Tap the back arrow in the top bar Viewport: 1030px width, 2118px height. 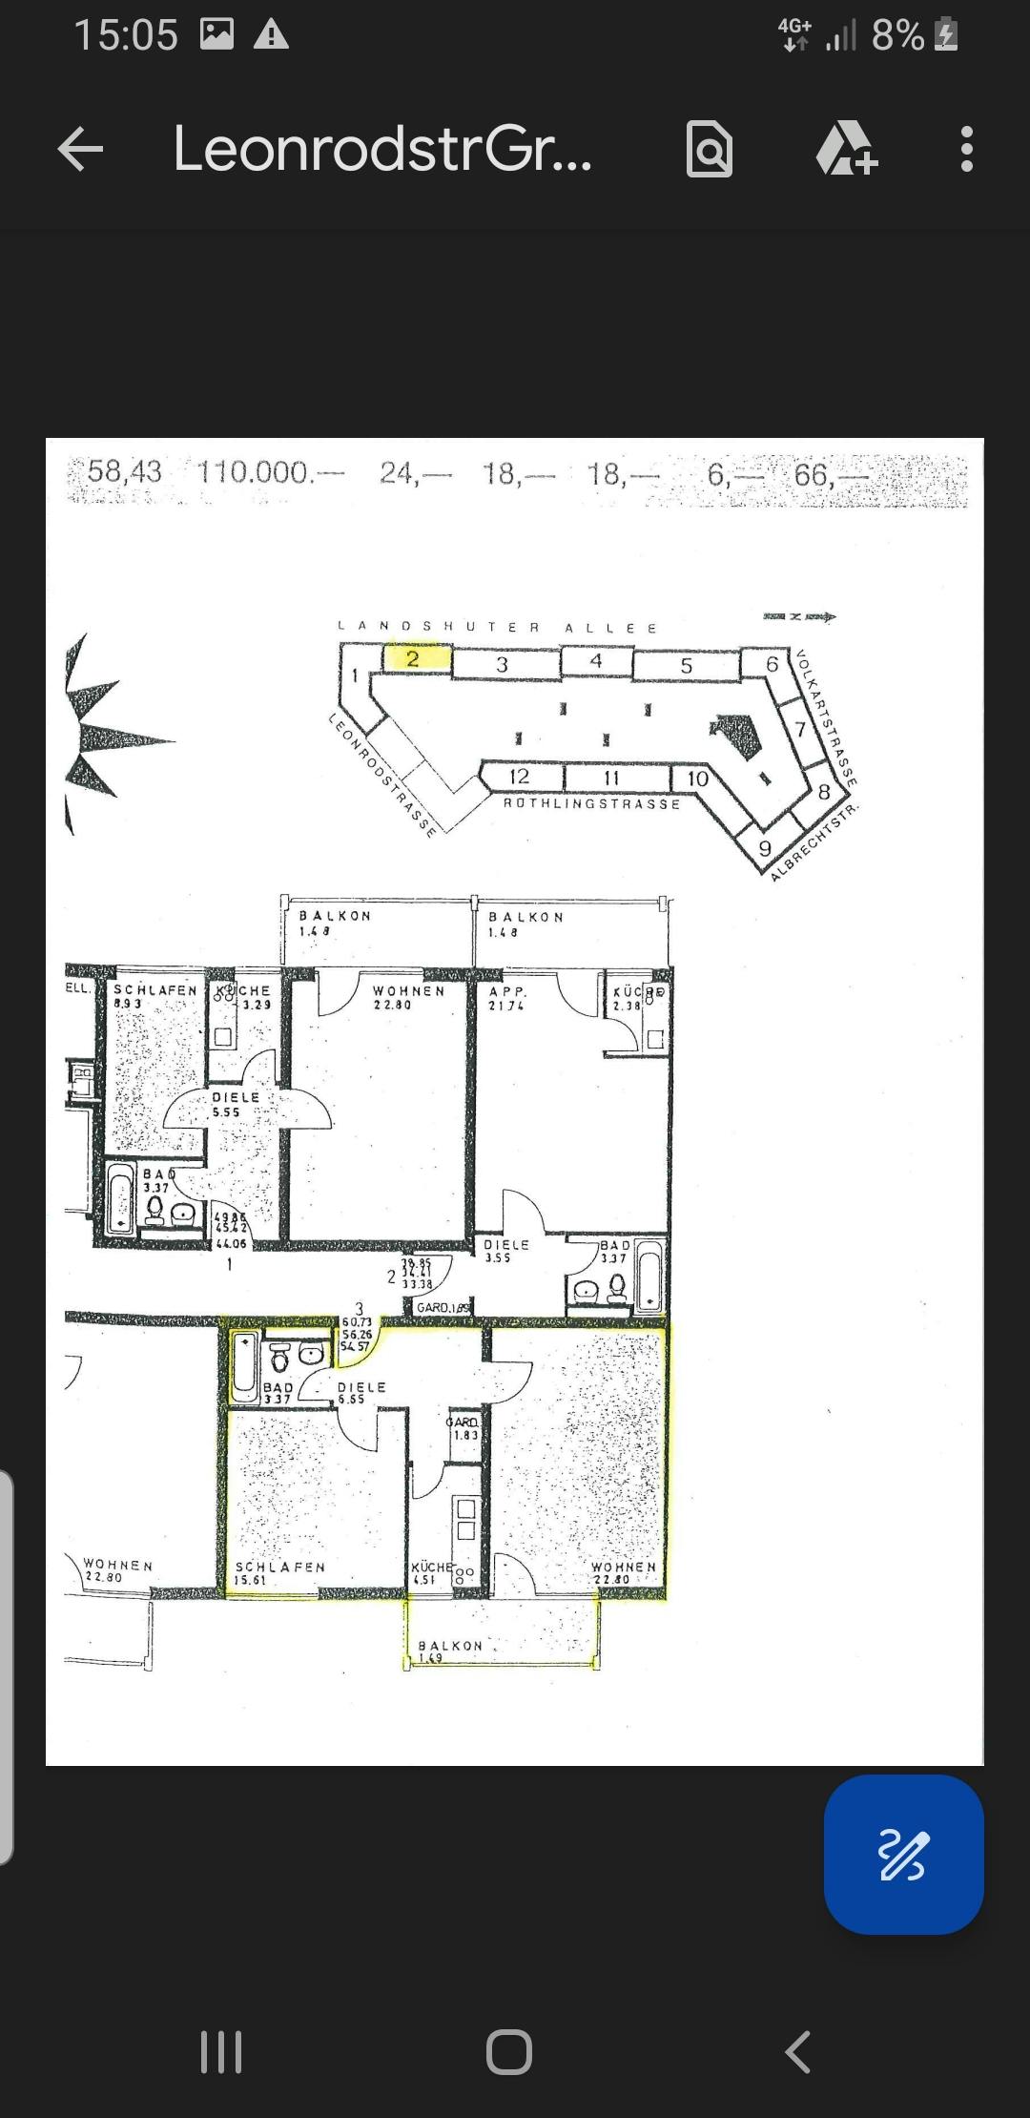tap(80, 150)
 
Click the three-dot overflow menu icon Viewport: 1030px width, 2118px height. tap(966, 150)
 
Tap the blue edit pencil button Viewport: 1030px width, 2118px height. tap(902, 1855)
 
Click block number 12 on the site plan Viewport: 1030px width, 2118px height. tap(519, 777)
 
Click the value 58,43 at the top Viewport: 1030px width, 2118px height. tap(124, 471)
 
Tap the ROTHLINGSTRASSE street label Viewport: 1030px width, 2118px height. tap(591, 804)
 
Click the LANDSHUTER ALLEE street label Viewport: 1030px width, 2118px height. tap(497, 628)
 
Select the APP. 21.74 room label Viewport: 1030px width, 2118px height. tap(507, 998)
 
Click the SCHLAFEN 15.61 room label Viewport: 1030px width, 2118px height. tap(279, 1572)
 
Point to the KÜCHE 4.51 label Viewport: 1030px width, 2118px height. tap(430, 1572)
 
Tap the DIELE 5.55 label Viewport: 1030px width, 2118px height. tap(235, 1104)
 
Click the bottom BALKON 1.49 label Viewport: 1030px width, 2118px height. tap(449, 1650)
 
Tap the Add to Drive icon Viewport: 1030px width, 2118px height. tap(845, 150)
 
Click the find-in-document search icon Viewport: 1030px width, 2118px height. tap(710, 150)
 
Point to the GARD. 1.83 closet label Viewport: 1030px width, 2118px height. tap(463, 1427)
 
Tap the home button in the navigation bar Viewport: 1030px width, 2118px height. tap(509, 2051)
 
